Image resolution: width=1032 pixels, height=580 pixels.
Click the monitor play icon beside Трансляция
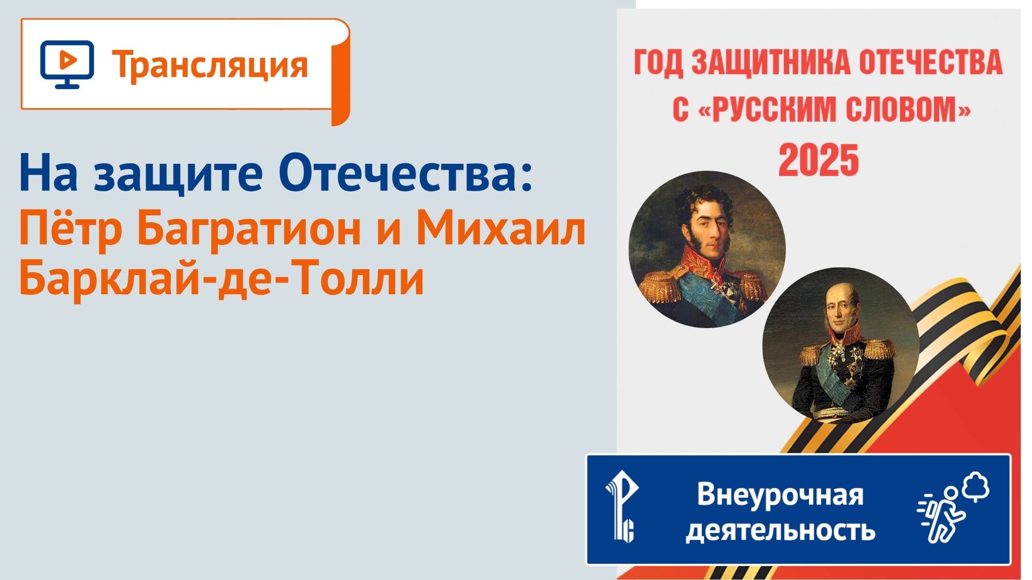pos(67,64)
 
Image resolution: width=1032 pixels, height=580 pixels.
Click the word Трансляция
pos(210,65)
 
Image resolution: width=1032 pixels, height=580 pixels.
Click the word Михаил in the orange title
pos(501,228)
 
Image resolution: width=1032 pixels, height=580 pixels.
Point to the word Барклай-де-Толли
pos(221,278)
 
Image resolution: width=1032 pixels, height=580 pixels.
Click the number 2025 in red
pos(818,160)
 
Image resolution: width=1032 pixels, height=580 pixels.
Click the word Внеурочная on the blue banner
pos(780,495)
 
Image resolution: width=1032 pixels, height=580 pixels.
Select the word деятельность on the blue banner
pos(780,531)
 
